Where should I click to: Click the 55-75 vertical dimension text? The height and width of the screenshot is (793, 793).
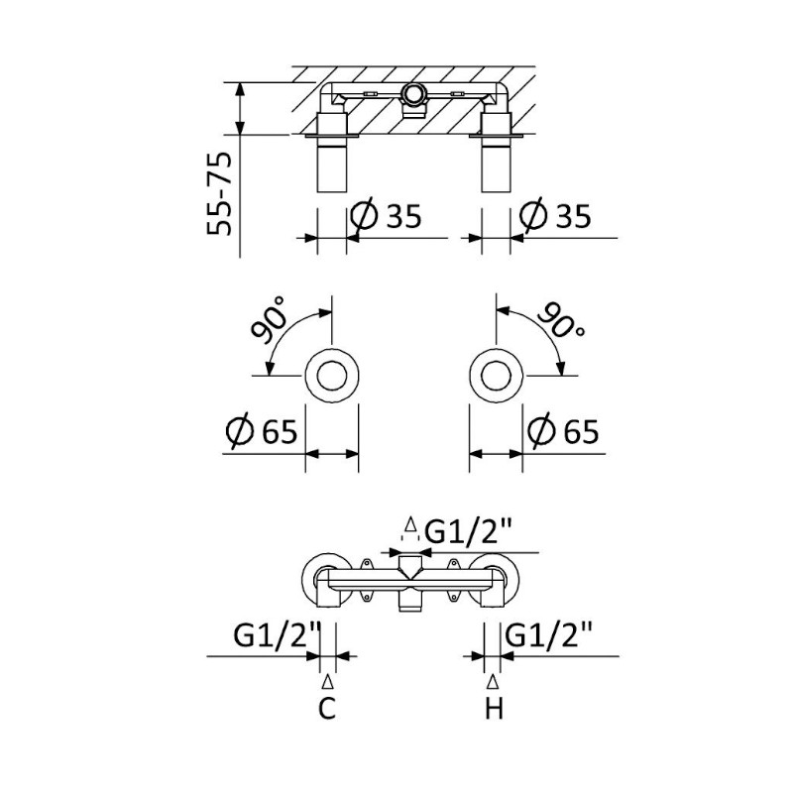(219, 193)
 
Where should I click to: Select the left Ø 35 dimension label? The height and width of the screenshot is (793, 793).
(386, 216)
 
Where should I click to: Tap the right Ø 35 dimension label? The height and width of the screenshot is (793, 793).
(555, 216)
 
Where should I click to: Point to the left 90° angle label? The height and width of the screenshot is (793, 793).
(269, 319)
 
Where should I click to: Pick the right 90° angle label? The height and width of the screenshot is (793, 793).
(561, 320)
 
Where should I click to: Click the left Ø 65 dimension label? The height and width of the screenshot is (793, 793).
(262, 431)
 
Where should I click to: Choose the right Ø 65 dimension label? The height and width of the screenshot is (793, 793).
(563, 431)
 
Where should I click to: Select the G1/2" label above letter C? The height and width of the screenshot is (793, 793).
(278, 635)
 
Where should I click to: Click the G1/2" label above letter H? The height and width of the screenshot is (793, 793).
(549, 635)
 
